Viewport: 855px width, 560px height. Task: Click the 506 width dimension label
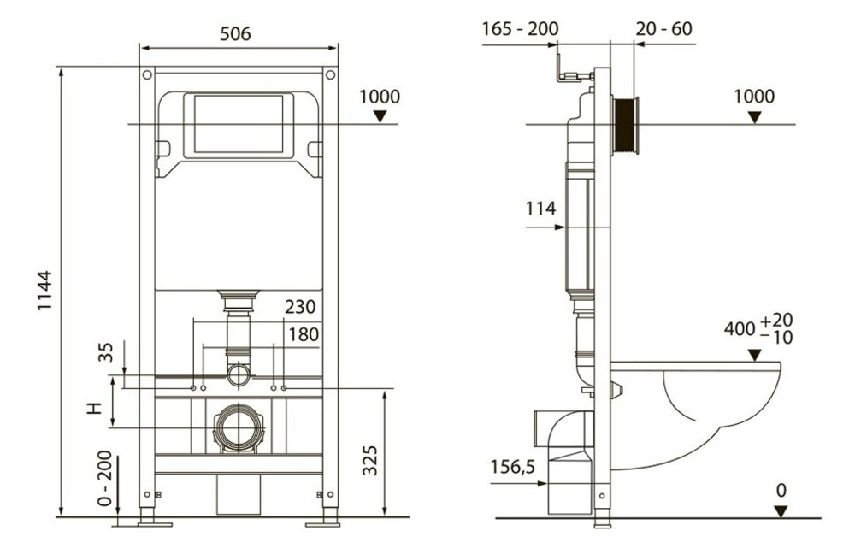tap(235, 34)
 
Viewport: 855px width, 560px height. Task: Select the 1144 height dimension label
tap(44, 291)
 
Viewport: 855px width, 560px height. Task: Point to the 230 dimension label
tap(300, 306)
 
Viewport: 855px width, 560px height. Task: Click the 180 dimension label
tap(304, 333)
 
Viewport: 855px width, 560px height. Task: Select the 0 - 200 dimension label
tap(104, 478)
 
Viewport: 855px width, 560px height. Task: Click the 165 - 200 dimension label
tap(520, 28)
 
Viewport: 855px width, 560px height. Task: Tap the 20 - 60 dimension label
tap(663, 28)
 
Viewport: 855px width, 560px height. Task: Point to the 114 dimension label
tap(540, 209)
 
